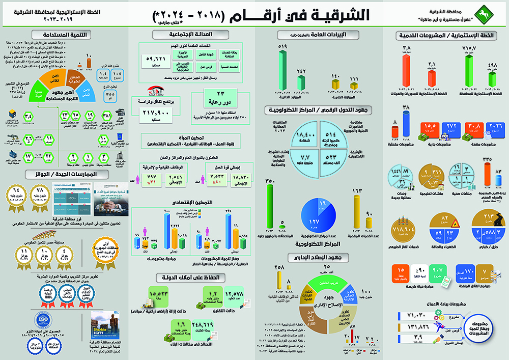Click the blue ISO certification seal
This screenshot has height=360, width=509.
(x=43, y=319)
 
